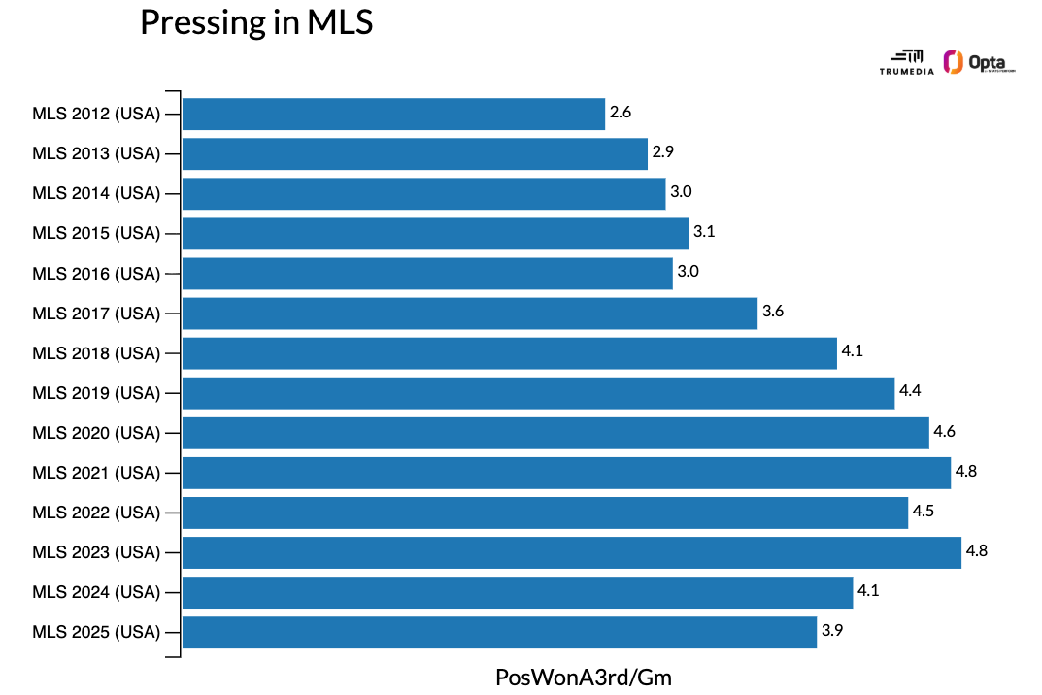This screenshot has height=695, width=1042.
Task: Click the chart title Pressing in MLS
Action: pos(256,22)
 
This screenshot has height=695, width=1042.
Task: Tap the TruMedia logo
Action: pos(906,62)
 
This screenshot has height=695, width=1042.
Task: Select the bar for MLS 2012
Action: pos(393,114)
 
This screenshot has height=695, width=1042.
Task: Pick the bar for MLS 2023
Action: pos(571,552)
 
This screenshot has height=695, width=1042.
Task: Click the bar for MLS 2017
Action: pos(469,314)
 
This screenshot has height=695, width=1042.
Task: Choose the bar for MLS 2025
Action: pos(499,632)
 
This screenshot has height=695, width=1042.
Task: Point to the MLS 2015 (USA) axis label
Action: pos(95,234)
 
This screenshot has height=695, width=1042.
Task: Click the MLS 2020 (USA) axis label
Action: pos(95,433)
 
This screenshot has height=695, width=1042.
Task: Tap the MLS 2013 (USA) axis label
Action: pos(95,154)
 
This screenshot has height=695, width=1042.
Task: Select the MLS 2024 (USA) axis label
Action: pos(95,592)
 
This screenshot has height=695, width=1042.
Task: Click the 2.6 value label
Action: pos(621,113)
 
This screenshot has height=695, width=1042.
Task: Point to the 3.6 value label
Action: pos(773,312)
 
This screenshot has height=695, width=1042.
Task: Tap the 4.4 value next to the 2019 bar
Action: pos(910,391)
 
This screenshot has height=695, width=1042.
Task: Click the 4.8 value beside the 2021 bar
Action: pos(966,471)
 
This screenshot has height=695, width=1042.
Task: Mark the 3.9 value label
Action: pos(832,630)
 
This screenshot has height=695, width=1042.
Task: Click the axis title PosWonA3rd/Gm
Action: pos(583,677)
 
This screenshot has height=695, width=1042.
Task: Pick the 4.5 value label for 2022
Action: pos(924,511)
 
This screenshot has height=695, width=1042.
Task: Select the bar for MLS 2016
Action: pos(427,274)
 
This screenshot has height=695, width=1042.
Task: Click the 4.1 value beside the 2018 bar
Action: pos(853,351)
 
